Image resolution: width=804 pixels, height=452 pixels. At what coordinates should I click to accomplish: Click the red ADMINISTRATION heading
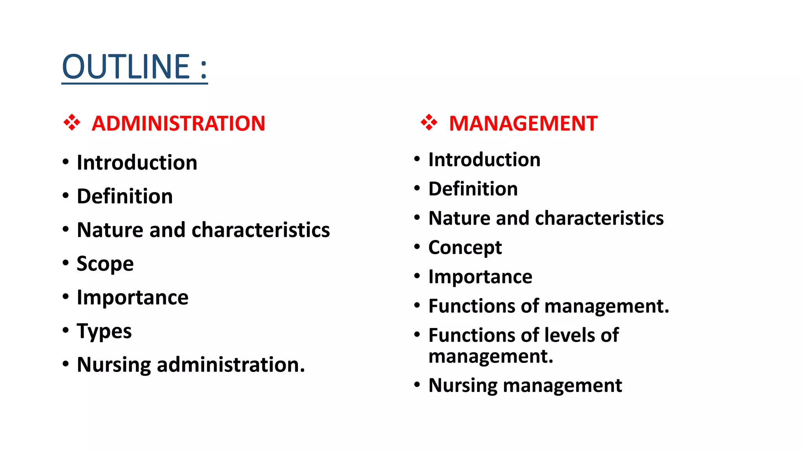pyautogui.click(x=178, y=124)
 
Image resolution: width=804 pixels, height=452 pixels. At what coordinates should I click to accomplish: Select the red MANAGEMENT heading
pyautogui.click(x=523, y=124)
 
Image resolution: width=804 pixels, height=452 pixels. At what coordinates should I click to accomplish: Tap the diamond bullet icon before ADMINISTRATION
pyautogui.click(x=72, y=122)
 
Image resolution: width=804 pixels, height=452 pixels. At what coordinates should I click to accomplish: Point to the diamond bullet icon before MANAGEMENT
pyautogui.click(x=429, y=122)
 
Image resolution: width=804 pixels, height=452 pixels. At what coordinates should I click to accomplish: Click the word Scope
pyautogui.click(x=105, y=264)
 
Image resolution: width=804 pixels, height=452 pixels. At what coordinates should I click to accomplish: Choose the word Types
pyautogui.click(x=104, y=332)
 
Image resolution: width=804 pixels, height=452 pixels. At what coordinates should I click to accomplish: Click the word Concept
pyautogui.click(x=465, y=248)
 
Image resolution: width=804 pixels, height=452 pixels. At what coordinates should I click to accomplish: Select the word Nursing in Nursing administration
pyautogui.click(x=113, y=365)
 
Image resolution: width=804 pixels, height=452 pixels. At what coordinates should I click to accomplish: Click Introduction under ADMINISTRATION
pyautogui.click(x=137, y=162)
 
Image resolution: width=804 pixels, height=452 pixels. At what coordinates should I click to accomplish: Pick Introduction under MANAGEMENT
pyautogui.click(x=484, y=160)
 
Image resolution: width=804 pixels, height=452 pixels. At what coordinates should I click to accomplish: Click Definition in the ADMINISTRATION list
pyautogui.click(x=124, y=196)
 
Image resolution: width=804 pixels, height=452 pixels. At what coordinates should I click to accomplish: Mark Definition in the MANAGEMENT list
pyautogui.click(x=473, y=189)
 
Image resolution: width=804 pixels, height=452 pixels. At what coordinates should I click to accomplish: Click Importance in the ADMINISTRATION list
pyautogui.click(x=132, y=297)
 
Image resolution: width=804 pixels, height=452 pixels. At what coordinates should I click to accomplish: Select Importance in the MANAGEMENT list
pyautogui.click(x=480, y=277)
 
